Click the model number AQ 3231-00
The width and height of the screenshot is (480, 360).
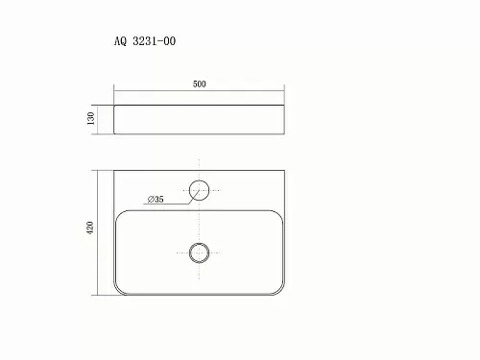pos(145,41)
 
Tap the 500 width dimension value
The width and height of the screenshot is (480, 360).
pos(200,84)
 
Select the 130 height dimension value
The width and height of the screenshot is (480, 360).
pos(91,118)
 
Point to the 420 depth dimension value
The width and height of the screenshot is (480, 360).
pos(90,228)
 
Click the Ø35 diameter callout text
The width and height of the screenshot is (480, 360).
pos(156,200)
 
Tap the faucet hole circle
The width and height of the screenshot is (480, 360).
pos(199,180)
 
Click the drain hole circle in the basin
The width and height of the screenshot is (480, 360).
pos(199,244)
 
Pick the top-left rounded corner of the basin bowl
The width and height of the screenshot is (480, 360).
pos(119,214)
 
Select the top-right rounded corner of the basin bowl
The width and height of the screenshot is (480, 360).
pos(279,214)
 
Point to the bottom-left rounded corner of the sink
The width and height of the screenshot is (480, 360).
pos(118,291)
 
